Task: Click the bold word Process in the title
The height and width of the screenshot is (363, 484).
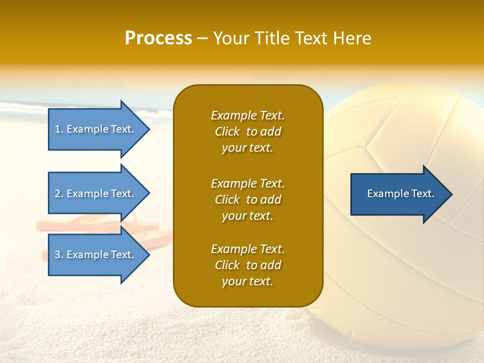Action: pos(158,38)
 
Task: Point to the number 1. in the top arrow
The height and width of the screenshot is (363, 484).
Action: pos(59,129)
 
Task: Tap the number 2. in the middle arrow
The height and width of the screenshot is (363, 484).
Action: pos(59,194)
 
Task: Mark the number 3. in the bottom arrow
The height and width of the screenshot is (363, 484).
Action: pos(59,255)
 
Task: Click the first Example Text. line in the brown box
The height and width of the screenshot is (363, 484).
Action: pos(248,115)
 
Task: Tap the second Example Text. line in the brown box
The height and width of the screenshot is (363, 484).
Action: pos(248,184)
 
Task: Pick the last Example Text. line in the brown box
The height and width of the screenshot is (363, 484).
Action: pos(248,249)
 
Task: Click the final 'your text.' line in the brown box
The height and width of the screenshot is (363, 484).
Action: pos(248,281)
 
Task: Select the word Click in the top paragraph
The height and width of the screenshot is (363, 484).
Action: pos(227,132)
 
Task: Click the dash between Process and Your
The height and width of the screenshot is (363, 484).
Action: pos(202,38)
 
